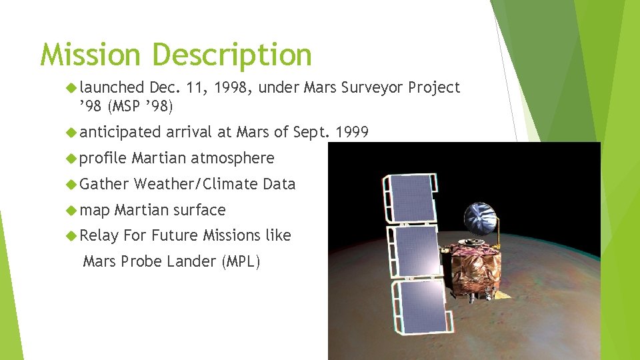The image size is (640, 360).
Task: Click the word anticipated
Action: pyautogui.click(x=120, y=132)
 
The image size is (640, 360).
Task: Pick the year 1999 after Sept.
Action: pyautogui.click(x=352, y=132)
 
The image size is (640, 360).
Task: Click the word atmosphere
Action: pyautogui.click(x=232, y=158)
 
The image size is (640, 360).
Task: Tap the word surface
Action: pyautogui.click(x=199, y=210)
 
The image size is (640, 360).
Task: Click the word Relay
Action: pyautogui.click(x=99, y=235)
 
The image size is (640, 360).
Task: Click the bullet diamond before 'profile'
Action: pyautogui.click(x=71, y=159)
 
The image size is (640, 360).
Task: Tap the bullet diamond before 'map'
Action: pyautogui.click(x=71, y=211)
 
